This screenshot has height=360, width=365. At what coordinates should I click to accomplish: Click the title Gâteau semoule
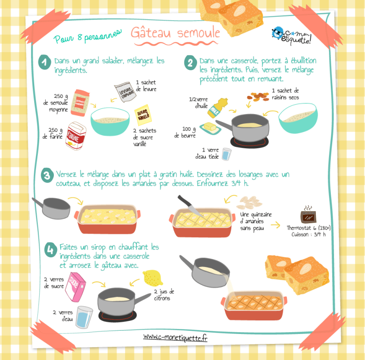point(175,32)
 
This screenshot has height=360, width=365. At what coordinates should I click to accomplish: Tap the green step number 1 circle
point(45,62)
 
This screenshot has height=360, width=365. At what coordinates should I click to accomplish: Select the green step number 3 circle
point(47,175)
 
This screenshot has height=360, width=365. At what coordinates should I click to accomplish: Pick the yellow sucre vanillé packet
point(143,115)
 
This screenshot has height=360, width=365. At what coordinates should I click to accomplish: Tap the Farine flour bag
point(76,136)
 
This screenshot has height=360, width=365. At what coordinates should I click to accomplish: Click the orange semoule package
point(80,103)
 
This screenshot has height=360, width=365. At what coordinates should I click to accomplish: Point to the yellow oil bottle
point(218,108)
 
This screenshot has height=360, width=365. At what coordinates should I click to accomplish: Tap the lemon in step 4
point(153,278)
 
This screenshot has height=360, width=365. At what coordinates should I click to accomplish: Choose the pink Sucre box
point(75,287)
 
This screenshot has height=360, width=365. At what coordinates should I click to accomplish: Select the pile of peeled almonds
point(249,202)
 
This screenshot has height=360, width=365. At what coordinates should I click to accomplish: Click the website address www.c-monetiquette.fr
point(175,337)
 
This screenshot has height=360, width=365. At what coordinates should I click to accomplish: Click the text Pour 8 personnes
point(88,37)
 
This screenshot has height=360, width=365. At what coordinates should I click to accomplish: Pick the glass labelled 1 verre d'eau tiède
point(226,154)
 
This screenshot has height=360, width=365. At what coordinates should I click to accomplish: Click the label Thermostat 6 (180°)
point(308,228)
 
